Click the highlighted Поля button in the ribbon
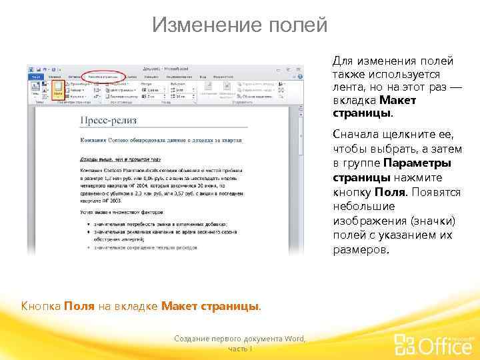[58, 89]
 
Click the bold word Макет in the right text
[398, 99]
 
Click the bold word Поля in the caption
[79, 306]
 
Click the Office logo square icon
[405, 344]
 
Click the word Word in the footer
[293, 339]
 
